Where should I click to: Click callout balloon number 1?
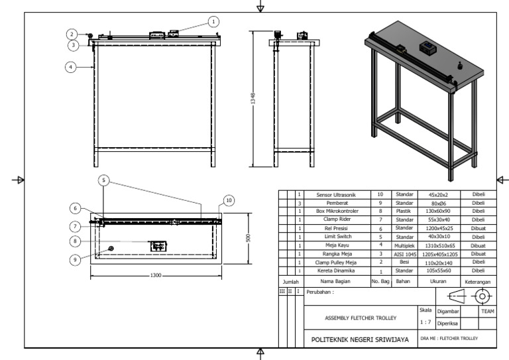pyautogui.click(x=213, y=21)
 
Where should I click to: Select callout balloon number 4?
pyautogui.click(x=70, y=66)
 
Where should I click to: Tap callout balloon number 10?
pyautogui.click(x=229, y=200)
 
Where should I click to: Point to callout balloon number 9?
pyautogui.click(x=76, y=259)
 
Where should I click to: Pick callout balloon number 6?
pyautogui.click(x=76, y=208)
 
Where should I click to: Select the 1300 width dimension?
pyautogui.click(x=156, y=274)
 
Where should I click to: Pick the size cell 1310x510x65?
pyautogui.click(x=441, y=244)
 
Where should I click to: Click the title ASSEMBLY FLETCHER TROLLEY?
pyautogui.click(x=361, y=317)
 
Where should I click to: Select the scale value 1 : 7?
pyautogui.click(x=425, y=322)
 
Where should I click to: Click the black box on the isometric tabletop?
pyautogui.click(x=427, y=47)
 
